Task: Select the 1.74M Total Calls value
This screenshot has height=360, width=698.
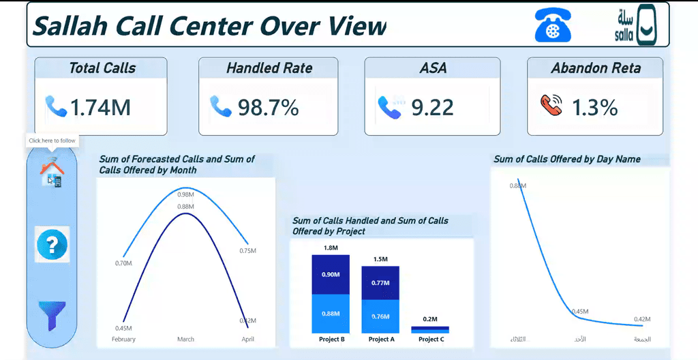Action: click(x=100, y=107)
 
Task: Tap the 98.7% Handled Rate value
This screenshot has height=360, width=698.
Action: click(x=268, y=107)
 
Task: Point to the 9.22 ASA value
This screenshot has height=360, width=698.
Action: click(x=432, y=107)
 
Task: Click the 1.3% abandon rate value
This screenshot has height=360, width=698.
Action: click(x=594, y=107)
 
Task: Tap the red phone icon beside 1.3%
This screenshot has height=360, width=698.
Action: click(x=551, y=105)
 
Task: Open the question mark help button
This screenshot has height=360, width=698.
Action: click(x=52, y=243)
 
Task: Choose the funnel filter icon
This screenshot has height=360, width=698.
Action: click(x=52, y=315)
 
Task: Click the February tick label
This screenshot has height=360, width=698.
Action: click(x=123, y=339)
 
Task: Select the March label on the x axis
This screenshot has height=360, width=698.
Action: click(x=185, y=339)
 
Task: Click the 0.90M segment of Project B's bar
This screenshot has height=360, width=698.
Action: click(x=331, y=275)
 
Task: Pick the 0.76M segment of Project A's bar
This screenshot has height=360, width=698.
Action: click(x=380, y=316)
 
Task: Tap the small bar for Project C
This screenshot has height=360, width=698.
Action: click(x=429, y=329)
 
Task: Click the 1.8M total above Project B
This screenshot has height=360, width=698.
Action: click(x=331, y=248)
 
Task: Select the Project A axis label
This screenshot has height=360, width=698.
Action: click(x=382, y=339)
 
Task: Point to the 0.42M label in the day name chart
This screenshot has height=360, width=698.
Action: click(x=641, y=319)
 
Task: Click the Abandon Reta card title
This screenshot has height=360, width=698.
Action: click(x=595, y=68)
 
